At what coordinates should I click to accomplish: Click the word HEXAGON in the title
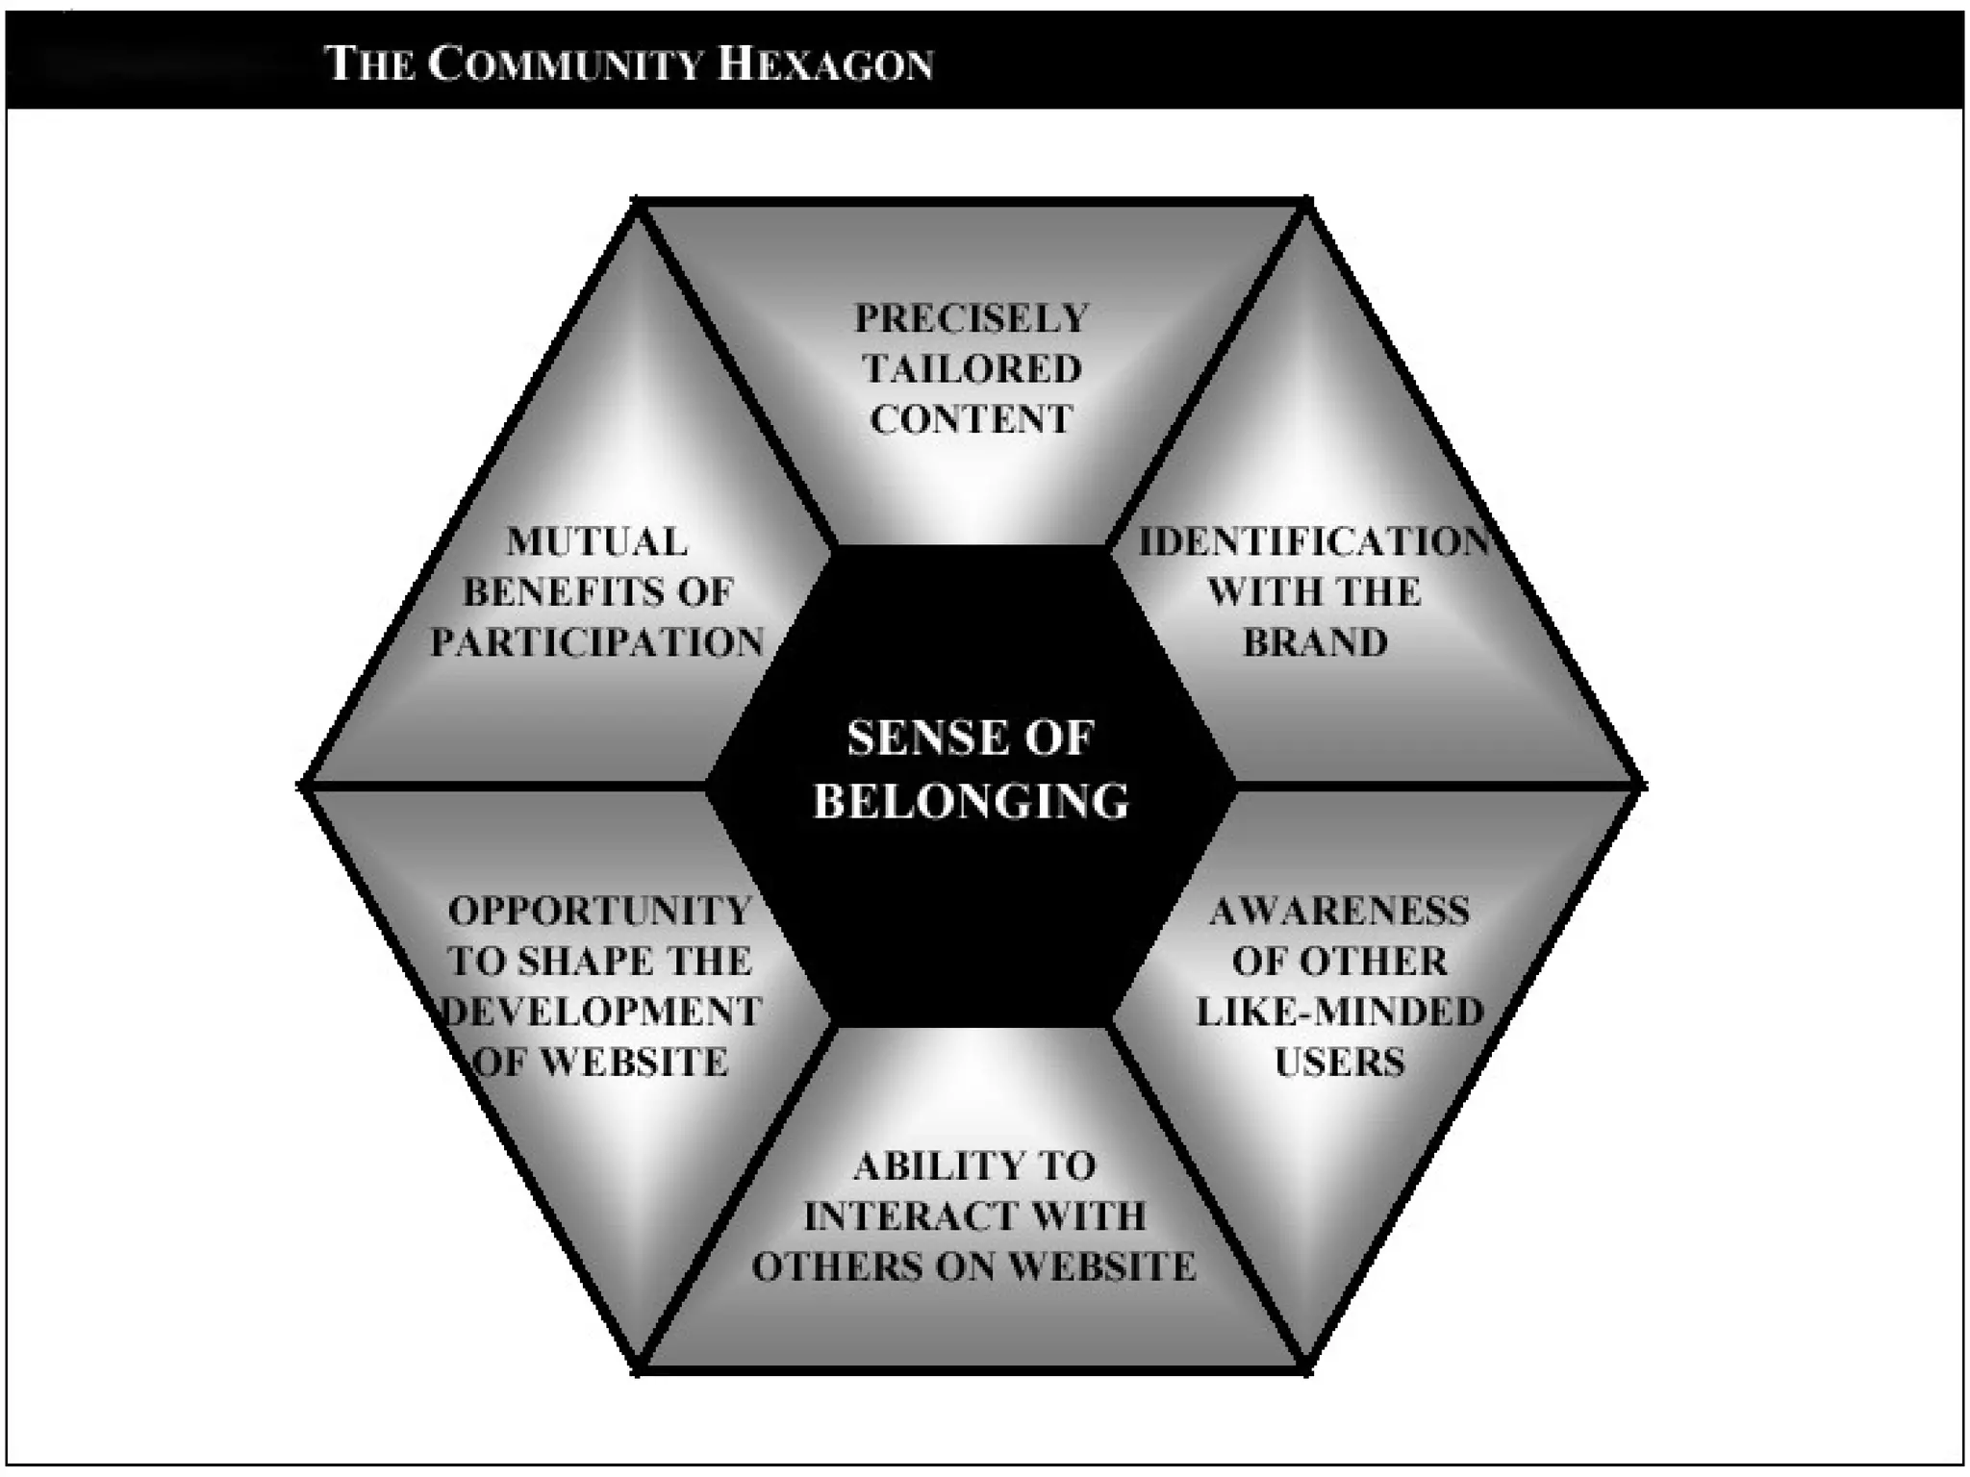pos(825,64)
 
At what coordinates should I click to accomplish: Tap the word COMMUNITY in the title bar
pos(565,64)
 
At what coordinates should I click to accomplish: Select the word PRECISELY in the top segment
pos(972,318)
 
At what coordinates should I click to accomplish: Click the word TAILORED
pos(972,368)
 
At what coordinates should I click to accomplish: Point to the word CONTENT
pos(972,419)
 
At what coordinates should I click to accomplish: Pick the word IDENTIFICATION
pos(1314,542)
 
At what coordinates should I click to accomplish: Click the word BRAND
pos(1315,642)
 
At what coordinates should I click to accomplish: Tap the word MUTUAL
pos(597,542)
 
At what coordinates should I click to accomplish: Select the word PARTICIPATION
pos(597,642)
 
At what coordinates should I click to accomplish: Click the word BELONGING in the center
pos(972,801)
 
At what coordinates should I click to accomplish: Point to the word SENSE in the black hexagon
pos(915,738)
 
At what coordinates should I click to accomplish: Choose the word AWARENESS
pos(1339,911)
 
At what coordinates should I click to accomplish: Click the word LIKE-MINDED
pos(1339,1012)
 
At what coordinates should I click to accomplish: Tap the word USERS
pos(1339,1063)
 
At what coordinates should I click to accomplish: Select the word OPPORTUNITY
pos(600,911)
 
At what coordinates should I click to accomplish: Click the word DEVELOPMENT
pos(602,1012)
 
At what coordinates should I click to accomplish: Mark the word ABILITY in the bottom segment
pos(915,1166)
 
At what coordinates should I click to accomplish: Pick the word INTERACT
pos(882,1217)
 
